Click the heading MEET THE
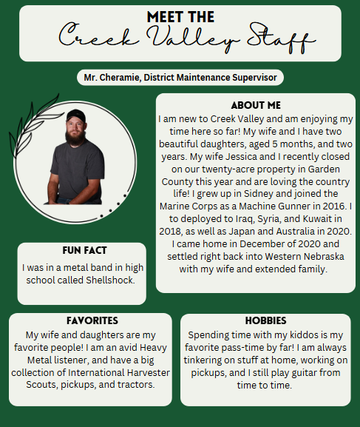point(180,16)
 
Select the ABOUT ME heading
point(256,105)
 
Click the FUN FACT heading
point(82,251)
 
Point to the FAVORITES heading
point(92,321)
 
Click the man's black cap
point(76,115)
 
